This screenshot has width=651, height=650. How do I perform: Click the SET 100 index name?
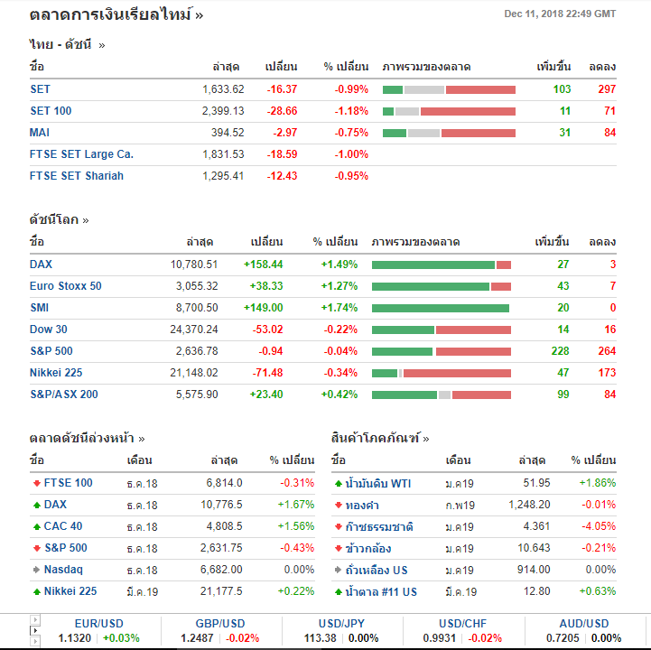tap(51, 111)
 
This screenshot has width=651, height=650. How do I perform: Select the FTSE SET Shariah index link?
tap(76, 176)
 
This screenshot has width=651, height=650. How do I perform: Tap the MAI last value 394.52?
tap(227, 133)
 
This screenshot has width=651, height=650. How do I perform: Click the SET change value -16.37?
tap(282, 89)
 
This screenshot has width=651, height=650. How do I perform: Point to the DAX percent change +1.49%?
tap(339, 265)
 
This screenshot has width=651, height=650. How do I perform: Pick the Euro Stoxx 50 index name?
tap(65, 286)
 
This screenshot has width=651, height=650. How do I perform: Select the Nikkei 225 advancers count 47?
tap(563, 373)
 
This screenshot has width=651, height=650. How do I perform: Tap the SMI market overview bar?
tap(441, 308)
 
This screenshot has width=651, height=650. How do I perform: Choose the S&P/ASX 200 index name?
tap(63, 395)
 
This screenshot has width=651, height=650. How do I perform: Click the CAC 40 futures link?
tap(63, 526)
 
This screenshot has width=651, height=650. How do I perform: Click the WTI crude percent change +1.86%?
tap(598, 483)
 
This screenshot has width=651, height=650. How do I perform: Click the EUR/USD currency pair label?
tap(98, 624)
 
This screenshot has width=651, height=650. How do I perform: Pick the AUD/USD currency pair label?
tap(584, 624)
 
